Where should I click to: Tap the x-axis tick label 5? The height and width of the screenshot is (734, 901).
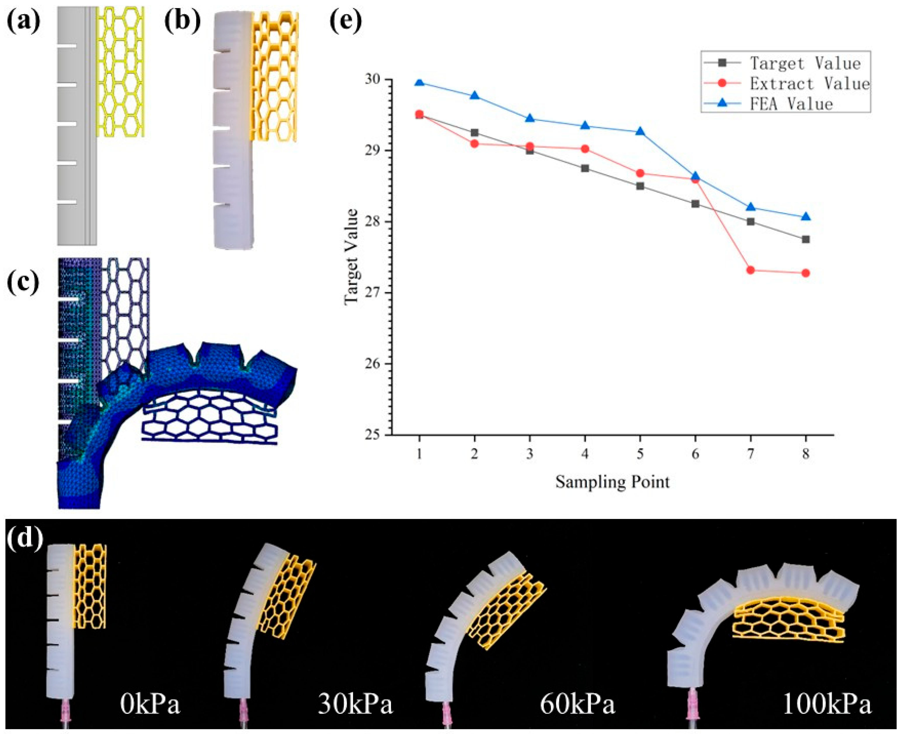(640, 454)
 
